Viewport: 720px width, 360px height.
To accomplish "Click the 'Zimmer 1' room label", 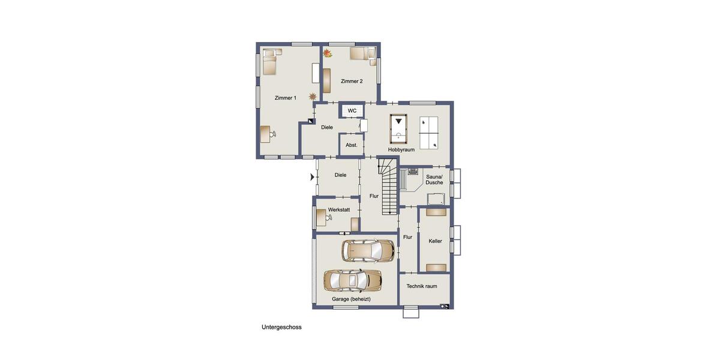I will (286, 98).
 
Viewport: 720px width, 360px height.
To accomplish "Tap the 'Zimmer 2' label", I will (352, 81).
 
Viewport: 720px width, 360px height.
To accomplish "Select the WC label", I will (352, 111).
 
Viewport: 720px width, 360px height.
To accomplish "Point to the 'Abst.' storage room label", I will (352, 145).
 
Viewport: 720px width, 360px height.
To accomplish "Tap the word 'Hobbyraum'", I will (401, 149).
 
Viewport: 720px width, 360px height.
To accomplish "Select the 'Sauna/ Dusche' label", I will (434, 179).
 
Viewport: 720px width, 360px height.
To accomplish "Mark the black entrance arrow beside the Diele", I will (312, 177).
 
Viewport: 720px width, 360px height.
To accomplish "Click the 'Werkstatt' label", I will (339, 209).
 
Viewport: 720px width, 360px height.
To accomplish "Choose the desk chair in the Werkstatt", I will (329, 217).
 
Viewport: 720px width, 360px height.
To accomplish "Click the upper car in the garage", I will (368, 250).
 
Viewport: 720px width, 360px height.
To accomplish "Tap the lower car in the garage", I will (353, 280).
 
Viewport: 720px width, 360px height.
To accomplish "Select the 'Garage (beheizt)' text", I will (351, 299).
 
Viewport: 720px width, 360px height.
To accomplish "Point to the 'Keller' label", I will (435, 241).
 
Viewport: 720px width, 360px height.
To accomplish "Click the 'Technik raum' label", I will (422, 286).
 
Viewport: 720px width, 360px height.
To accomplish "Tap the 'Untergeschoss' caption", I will (281, 327).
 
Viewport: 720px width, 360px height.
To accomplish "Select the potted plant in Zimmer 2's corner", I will (328, 53).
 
